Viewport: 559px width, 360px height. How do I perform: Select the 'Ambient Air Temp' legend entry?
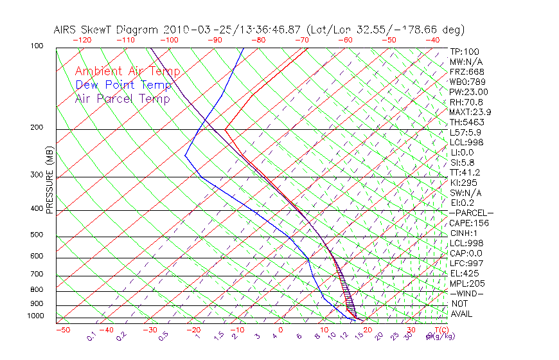point(127,71)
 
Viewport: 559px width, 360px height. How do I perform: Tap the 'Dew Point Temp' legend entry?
point(123,85)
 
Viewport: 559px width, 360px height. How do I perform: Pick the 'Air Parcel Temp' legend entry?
point(122,98)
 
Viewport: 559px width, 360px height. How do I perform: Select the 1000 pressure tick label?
point(37,316)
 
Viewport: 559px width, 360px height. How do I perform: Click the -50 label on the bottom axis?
point(62,330)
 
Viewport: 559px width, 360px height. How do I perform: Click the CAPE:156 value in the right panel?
point(467,223)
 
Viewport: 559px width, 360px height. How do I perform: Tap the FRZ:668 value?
point(467,71)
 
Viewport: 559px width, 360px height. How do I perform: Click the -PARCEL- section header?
point(471,213)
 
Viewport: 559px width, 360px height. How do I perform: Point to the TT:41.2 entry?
point(465,172)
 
